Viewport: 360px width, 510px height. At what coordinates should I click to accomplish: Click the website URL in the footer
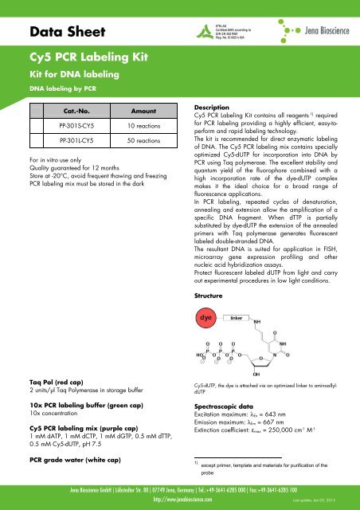pyautogui.click(x=180, y=503)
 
